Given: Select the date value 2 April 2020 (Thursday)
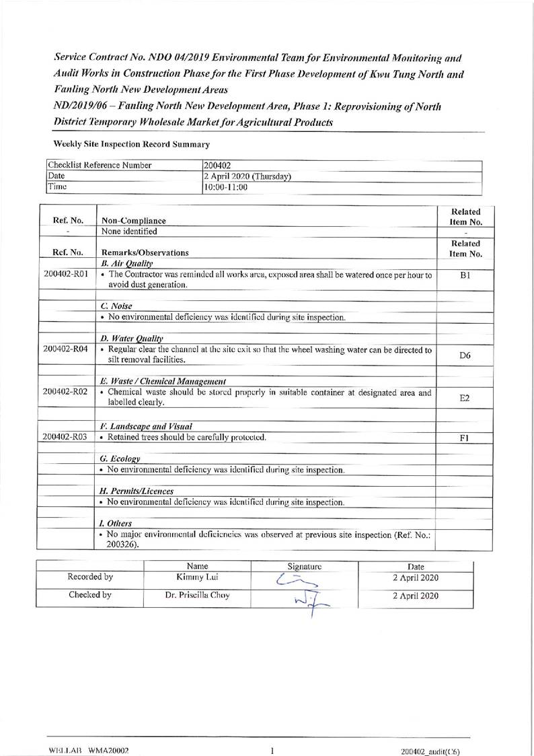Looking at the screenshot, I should coord(247,176).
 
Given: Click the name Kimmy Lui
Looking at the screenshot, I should coord(198,578).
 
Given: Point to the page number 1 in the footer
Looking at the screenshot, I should coord(272,750).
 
